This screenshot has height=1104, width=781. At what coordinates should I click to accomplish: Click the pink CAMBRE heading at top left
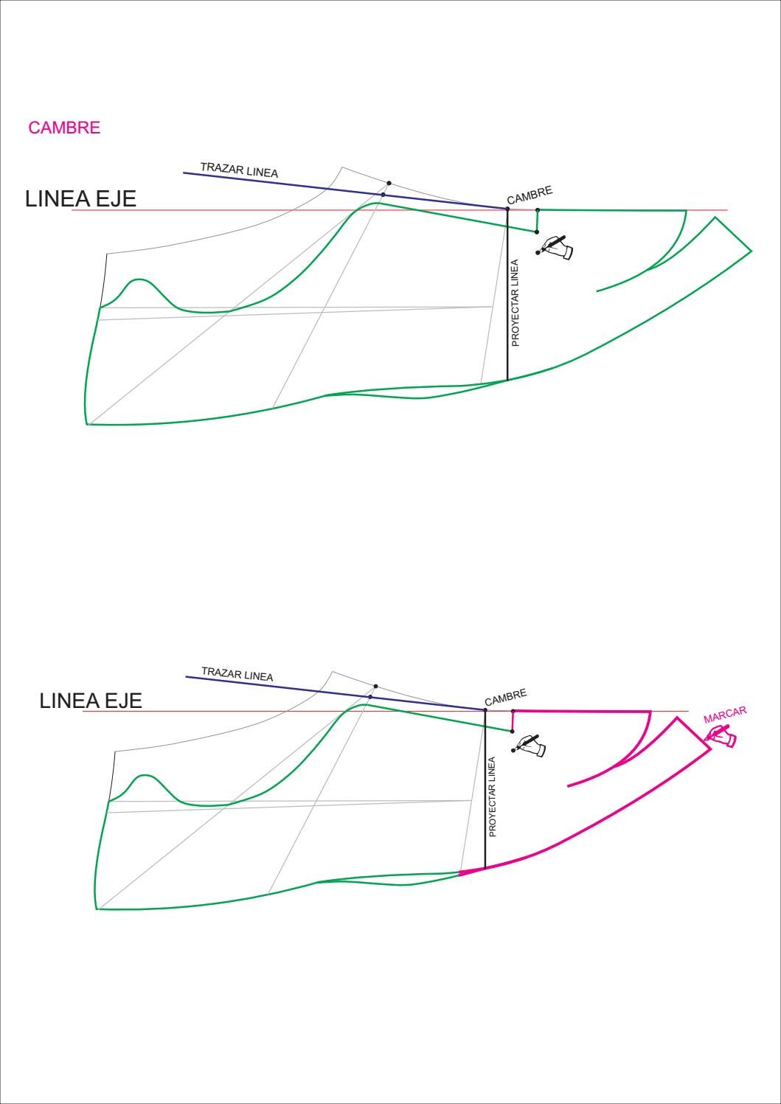click(64, 128)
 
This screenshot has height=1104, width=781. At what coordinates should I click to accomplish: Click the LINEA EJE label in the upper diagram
click(80, 199)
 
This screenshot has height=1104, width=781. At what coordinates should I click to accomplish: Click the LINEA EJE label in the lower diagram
click(90, 701)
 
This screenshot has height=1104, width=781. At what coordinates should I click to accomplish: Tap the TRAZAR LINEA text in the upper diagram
click(239, 170)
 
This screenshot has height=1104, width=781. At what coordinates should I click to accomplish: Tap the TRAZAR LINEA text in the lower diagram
click(237, 674)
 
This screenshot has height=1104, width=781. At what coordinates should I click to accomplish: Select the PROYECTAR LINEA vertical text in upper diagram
click(516, 302)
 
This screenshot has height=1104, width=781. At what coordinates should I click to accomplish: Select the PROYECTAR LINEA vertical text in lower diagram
click(493, 796)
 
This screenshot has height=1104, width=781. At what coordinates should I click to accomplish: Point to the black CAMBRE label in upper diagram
click(530, 195)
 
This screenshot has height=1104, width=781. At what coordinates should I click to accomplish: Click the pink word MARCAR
click(726, 715)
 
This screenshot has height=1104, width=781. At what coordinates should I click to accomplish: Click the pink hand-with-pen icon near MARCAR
click(721, 736)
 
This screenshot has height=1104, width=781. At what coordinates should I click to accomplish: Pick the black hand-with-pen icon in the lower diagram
click(531, 745)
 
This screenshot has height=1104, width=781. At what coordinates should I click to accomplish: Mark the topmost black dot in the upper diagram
click(389, 182)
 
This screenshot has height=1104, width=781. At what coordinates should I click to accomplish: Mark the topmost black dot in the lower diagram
click(375, 686)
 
